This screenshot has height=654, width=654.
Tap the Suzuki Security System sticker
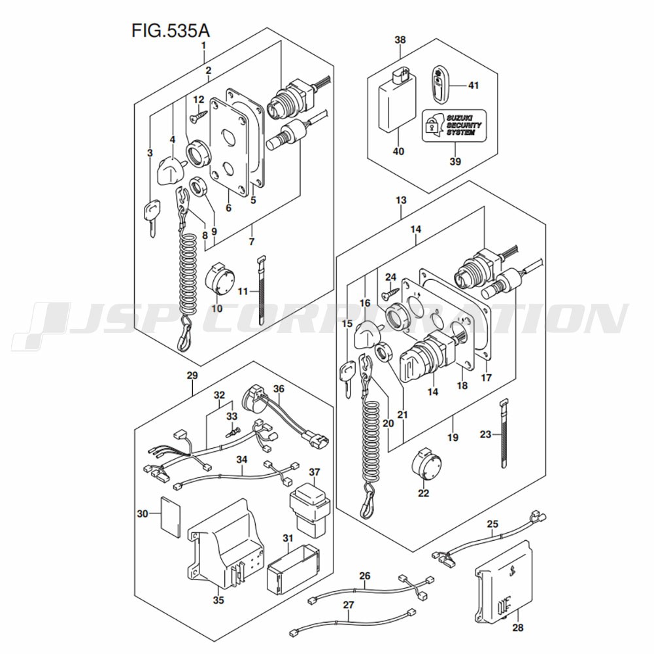[454, 124]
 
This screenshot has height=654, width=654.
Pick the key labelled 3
[150, 216]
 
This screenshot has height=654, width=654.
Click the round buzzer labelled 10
[218, 283]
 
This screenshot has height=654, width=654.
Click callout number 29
[192, 376]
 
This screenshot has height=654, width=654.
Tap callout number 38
[400, 40]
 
